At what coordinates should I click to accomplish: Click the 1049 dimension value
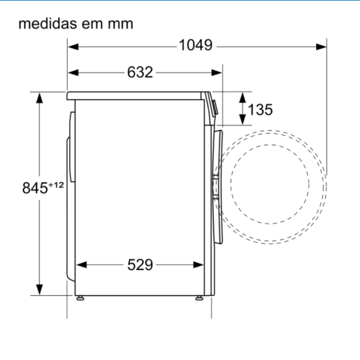click(196, 45)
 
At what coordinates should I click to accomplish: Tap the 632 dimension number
click(140, 73)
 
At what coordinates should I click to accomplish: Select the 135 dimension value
click(260, 110)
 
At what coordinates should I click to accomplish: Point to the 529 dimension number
click(140, 265)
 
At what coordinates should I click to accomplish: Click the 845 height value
click(35, 188)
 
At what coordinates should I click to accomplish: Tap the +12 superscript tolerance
click(56, 185)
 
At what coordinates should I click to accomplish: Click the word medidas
click(48, 23)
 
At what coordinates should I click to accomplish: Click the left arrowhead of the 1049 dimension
click(73, 47)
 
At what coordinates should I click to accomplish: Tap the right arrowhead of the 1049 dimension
click(321, 47)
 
